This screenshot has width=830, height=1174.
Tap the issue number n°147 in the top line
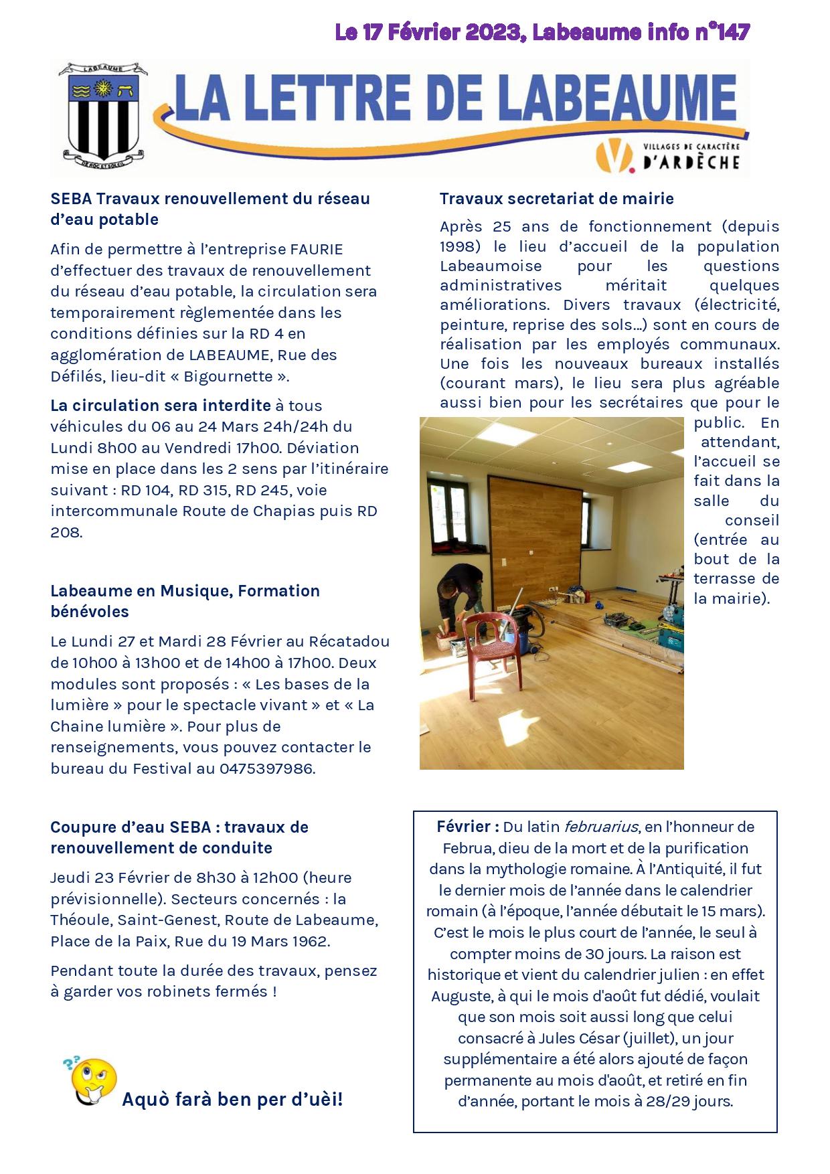(x=720, y=32)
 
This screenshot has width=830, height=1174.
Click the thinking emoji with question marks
(x=93, y=1082)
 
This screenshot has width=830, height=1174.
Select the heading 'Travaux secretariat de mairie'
(x=556, y=199)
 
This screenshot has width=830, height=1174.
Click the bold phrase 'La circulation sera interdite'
(x=161, y=406)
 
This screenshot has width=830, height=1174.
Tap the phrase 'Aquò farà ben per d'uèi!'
(x=232, y=1099)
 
